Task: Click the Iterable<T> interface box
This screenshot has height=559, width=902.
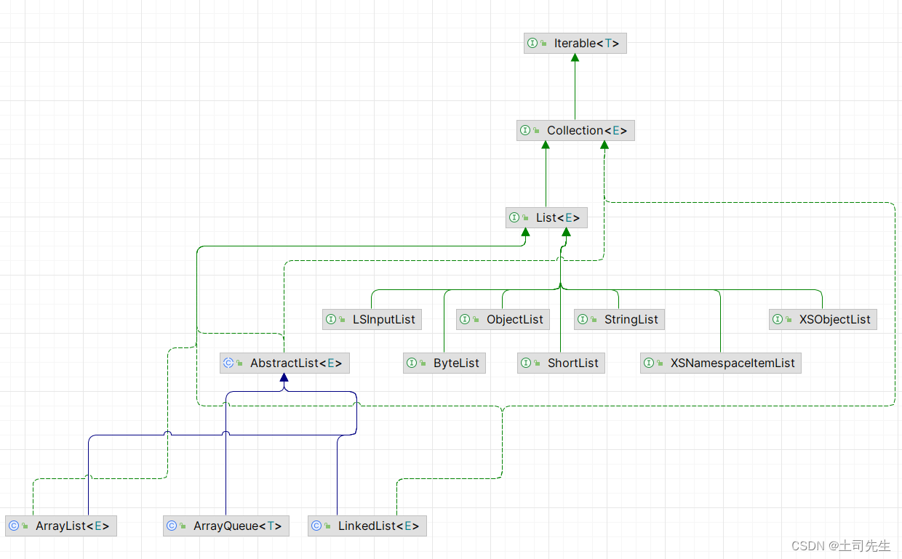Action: coord(575,44)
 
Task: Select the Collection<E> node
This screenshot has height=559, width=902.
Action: coord(575,131)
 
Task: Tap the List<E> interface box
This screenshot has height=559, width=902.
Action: coord(546,217)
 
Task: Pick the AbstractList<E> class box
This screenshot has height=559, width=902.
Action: coord(284,363)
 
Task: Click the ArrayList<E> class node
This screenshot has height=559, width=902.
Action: coord(60,526)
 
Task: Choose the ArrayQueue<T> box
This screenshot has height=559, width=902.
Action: coord(226,526)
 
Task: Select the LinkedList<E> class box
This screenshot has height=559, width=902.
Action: coord(367,526)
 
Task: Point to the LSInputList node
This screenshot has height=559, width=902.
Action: coord(372,319)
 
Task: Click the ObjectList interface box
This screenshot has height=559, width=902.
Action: coord(503,319)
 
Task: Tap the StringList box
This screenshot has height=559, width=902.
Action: coord(619,319)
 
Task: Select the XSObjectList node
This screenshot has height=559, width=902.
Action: coord(823,319)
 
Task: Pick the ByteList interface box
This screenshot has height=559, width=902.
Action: coord(444,363)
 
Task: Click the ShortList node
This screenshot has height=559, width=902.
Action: coord(561,363)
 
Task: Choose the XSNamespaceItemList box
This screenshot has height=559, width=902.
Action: coord(721,363)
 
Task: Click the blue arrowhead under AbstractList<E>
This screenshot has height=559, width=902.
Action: coord(284,378)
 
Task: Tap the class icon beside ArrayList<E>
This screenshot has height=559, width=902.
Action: coord(13,526)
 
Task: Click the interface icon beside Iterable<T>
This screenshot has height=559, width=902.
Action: coord(532,44)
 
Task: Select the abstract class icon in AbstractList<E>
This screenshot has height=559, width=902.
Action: coord(228,363)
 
